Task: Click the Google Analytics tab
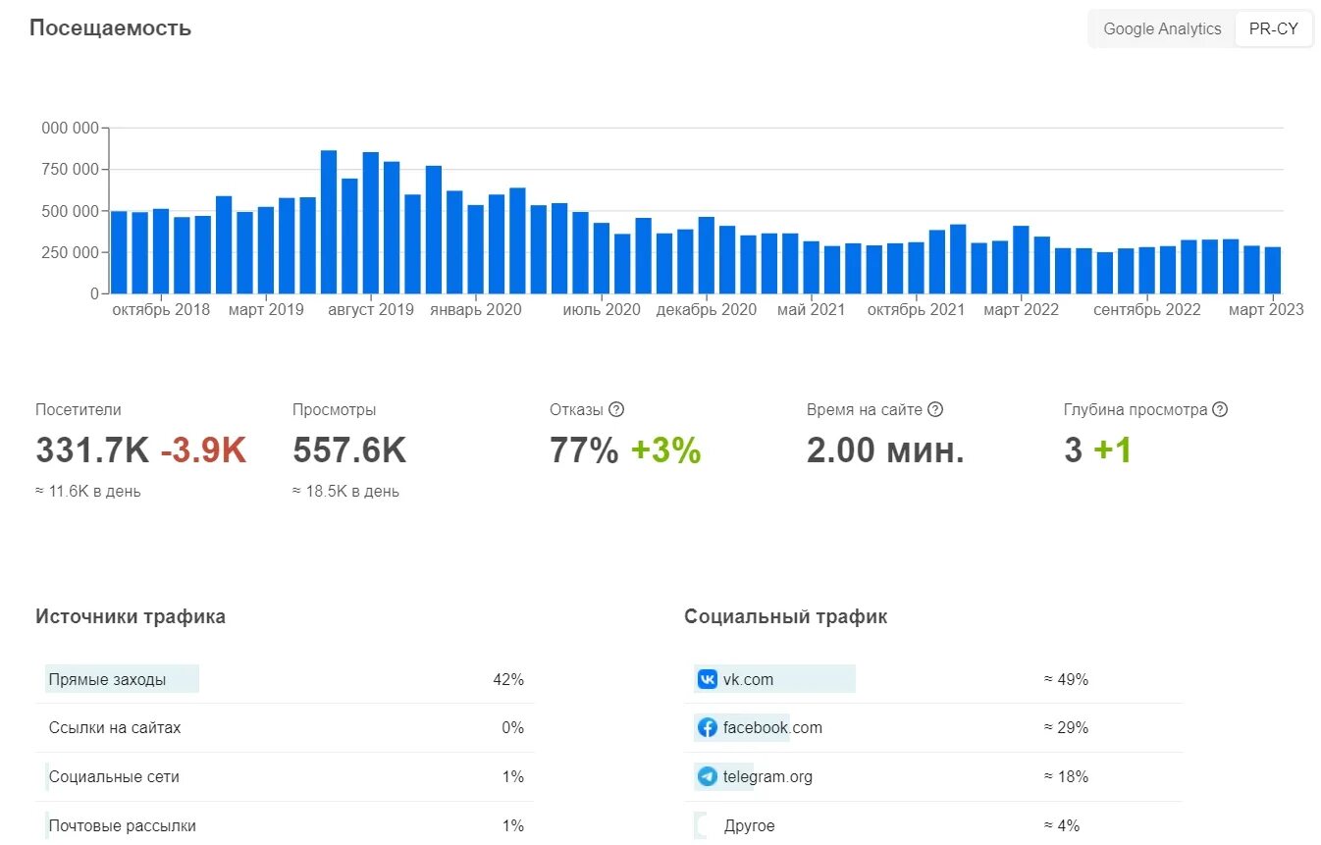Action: coord(1162,29)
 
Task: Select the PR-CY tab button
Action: coord(1273,29)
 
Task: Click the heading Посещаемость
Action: coord(110,27)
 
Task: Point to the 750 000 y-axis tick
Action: coord(71,170)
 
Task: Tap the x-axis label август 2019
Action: coord(370,310)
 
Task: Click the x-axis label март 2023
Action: coord(1266,310)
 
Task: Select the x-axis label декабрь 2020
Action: coord(706,310)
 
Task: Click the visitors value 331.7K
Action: coord(92,450)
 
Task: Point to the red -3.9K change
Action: coord(203,450)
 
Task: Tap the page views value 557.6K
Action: coord(348,450)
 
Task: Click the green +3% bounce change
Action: coord(665,450)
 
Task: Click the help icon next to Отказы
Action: coord(616,410)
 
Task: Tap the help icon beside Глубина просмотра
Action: coord(1220,410)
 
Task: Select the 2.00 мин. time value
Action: coord(885,450)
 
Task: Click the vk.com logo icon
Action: coord(707,679)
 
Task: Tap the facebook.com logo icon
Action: coord(707,728)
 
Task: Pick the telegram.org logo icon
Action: coord(707,777)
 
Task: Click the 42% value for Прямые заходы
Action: coord(508,679)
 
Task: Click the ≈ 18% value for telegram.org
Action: coord(1066,777)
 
